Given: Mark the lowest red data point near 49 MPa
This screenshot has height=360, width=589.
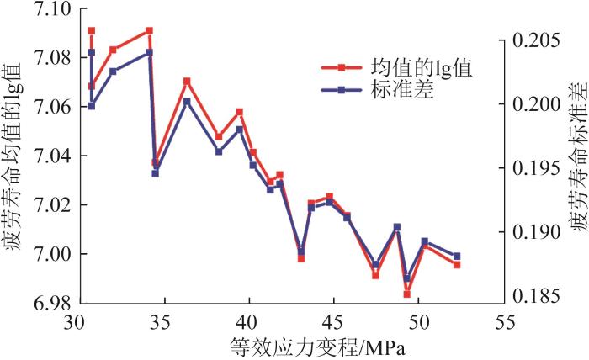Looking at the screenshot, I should point(406,294).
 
